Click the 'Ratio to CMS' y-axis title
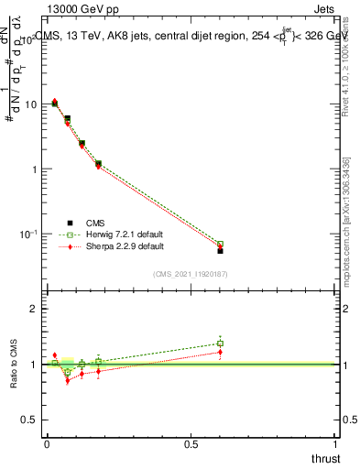pos(14,364)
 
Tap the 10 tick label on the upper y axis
pos(29,104)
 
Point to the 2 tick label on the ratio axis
pos(35,309)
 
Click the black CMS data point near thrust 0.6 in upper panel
pos(220,250)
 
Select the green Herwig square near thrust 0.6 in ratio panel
pos(220,344)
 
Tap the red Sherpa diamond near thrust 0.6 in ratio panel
pos(220,352)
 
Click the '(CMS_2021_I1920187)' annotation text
pos(191,274)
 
